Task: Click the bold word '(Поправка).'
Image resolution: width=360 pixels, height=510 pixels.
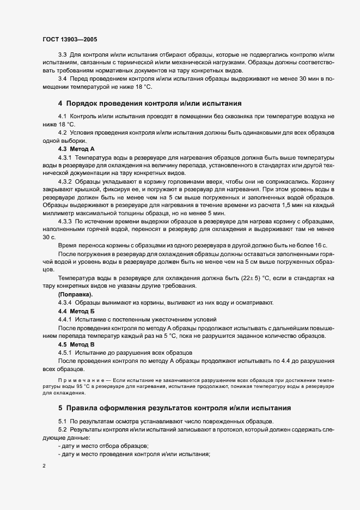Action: tap(75, 294)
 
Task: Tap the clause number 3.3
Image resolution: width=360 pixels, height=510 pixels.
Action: tap(62, 55)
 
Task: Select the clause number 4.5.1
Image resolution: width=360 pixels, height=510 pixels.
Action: tap(65, 353)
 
